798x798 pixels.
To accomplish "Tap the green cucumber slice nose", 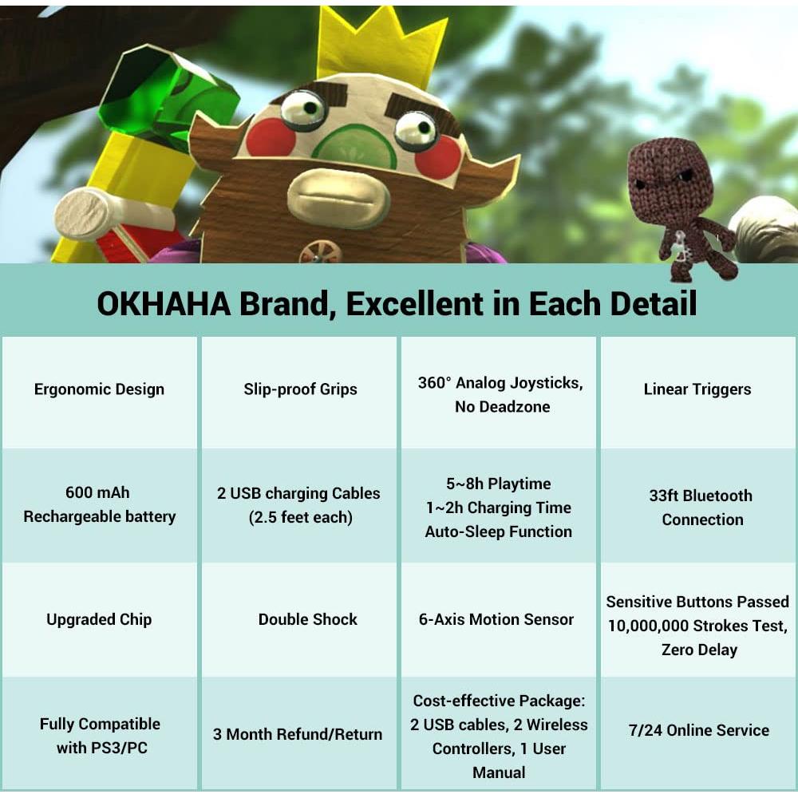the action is coord(355,148).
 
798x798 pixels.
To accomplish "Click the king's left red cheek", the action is coord(271,137).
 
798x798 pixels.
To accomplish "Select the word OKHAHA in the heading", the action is coord(164,304).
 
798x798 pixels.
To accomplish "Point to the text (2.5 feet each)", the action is coord(300,518).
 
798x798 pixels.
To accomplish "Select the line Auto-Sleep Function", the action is coord(498,531).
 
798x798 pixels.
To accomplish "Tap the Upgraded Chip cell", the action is coord(99,619).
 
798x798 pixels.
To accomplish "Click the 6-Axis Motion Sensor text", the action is coord(496,619).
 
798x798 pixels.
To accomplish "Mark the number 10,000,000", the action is coord(648,626).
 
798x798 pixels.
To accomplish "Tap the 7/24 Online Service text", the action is coord(699,730).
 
